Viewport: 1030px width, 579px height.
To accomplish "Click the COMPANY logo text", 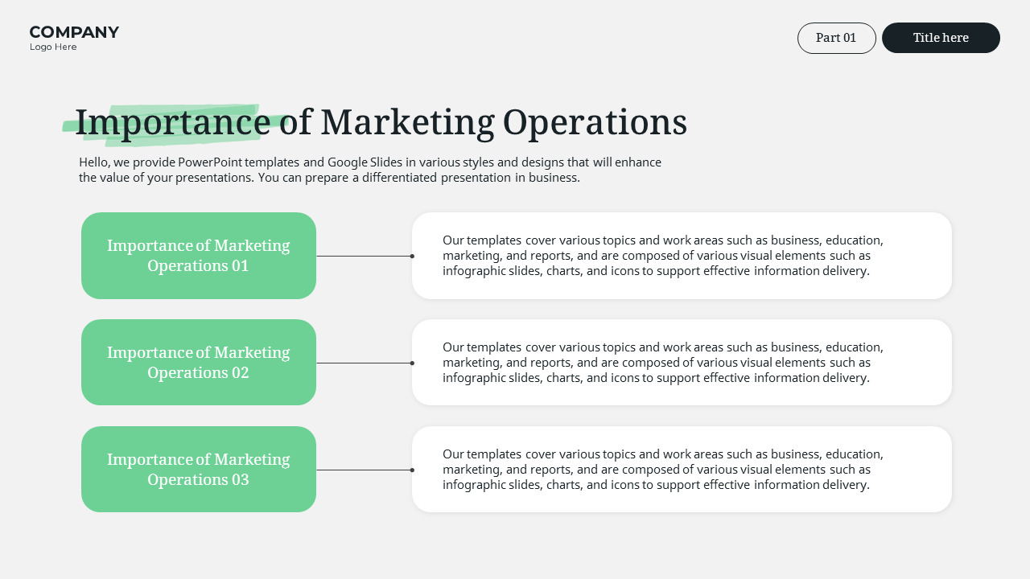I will coord(74,32).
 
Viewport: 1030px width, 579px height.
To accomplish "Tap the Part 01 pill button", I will coord(836,38).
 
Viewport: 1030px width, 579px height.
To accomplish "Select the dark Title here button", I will coord(941,38).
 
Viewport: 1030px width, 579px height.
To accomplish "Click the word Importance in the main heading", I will coord(172,122).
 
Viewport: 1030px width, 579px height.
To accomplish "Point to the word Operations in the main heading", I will coord(595,122).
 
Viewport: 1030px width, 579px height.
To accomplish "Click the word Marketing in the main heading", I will coord(407,122).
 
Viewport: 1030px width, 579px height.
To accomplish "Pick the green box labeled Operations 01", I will coord(198,256).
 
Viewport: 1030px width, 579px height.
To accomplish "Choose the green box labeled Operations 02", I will coord(198,363).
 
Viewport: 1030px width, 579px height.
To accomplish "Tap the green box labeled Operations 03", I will coord(198,470).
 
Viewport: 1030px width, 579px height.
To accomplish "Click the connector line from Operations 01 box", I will coord(364,256).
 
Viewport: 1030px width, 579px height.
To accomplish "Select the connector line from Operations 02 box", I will coord(364,363).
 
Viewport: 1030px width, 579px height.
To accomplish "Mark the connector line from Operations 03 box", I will coord(364,470).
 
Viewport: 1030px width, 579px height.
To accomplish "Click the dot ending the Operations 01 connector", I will coord(412,256).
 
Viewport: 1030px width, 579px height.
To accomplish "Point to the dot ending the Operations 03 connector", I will coord(412,470).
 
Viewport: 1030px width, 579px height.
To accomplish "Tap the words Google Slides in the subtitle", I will coord(365,162).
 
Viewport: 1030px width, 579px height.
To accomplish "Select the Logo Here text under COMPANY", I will coord(53,47).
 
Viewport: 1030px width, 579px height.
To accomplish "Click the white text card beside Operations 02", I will coord(682,363).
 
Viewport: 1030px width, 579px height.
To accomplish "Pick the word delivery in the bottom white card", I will coord(845,485).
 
